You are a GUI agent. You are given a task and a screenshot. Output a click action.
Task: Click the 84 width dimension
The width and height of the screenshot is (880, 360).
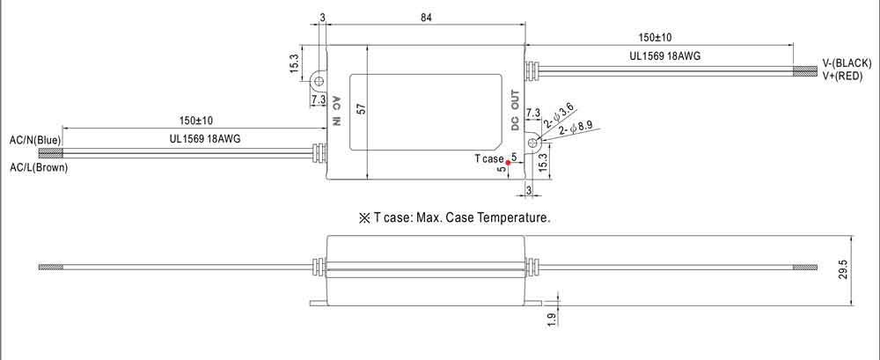tap(425, 18)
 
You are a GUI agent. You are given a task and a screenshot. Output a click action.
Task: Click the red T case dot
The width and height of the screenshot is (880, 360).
tap(509, 162)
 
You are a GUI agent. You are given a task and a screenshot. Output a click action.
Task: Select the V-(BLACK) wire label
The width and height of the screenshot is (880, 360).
tap(846, 63)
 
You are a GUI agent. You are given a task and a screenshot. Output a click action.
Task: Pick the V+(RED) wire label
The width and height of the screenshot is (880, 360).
tap(842, 77)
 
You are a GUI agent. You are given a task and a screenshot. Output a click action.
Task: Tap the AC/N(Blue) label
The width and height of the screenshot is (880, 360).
tap(34, 139)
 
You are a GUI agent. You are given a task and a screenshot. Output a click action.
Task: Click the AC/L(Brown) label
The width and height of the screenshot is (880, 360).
tap(38, 167)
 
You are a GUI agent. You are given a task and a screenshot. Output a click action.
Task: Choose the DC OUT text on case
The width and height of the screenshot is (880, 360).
tap(517, 107)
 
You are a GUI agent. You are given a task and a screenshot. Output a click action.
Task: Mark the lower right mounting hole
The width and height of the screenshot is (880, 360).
tap(533, 143)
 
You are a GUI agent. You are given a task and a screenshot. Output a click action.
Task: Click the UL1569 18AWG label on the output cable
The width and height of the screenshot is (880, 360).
tap(665, 55)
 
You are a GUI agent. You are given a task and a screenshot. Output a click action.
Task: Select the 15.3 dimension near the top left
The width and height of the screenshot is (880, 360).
tap(295, 63)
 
